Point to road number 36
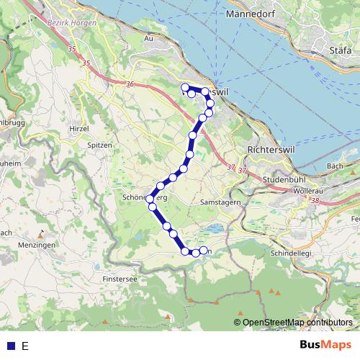coord(130,84)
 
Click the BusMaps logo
coord(326,345)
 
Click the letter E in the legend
coord(25,346)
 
